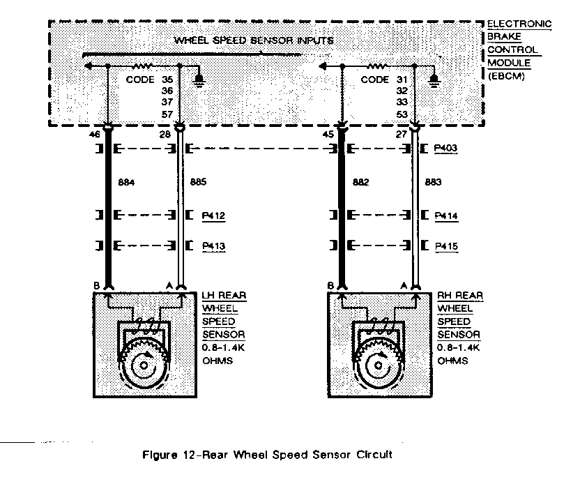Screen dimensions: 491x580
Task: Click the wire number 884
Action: pyautogui.click(x=126, y=183)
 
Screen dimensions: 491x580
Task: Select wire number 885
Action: pyautogui.click(x=199, y=183)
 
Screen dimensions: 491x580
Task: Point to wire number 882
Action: pyautogui.click(x=360, y=183)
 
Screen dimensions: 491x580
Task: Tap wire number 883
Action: pyautogui.click(x=434, y=183)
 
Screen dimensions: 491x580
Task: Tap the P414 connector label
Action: pyautogui.click(x=445, y=216)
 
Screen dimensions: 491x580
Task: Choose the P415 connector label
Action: pyautogui.click(x=445, y=246)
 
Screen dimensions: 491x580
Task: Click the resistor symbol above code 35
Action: pyautogui.click(x=143, y=66)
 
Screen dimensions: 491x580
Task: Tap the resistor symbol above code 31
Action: pyautogui.click(x=377, y=66)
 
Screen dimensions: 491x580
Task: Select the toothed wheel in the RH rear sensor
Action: pyautogui.click(x=378, y=360)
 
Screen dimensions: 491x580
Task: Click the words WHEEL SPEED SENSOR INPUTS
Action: pyautogui.click(x=254, y=40)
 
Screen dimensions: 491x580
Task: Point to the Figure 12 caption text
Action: pyautogui.click(x=267, y=455)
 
